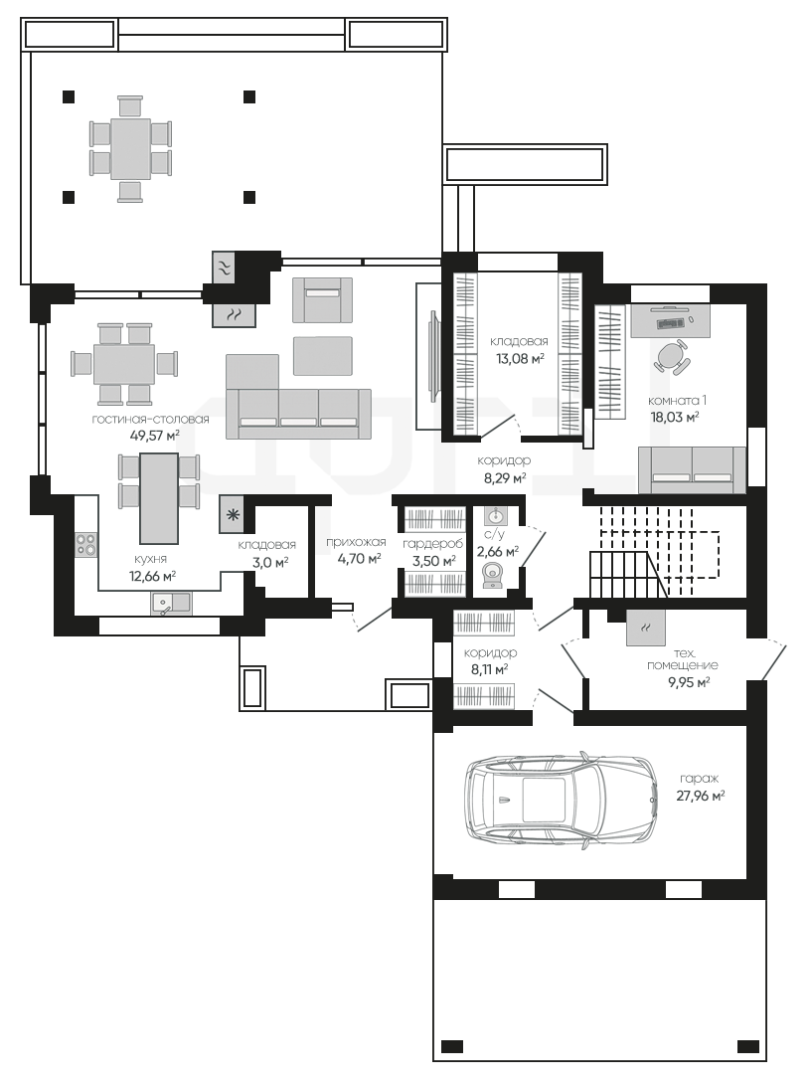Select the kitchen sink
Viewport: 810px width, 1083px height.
click(171, 603)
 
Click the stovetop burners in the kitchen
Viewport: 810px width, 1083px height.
click(86, 544)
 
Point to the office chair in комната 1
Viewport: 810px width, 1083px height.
click(669, 356)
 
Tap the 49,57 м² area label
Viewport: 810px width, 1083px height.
click(155, 435)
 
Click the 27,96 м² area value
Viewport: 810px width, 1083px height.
click(700, 796)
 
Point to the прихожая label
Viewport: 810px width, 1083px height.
click(356, 542)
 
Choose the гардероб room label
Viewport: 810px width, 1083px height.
click(433, 544)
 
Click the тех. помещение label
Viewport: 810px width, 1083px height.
click(682, 659)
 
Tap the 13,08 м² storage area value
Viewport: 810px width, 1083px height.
click(520, 358)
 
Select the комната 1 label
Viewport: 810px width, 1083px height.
click(677, 401)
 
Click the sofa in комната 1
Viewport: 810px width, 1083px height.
click(692, 469)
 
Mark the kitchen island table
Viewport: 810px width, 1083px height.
click(159, 498)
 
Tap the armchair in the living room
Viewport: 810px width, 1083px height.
click(322, 299)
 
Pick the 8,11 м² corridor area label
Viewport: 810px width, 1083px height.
click(490, 668)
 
